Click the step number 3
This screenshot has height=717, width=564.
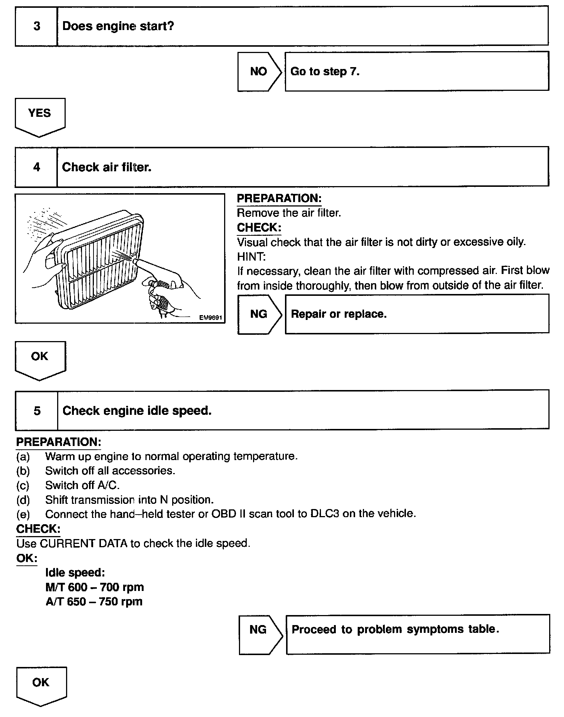[37, 26]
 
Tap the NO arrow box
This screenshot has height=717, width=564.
[259, 71]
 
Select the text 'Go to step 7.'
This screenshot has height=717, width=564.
[325, 71]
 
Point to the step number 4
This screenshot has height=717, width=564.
[36, 167]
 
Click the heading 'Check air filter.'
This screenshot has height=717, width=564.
[107, 167]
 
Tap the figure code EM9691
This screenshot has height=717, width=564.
[210, 318]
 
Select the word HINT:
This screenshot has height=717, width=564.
[251, 257]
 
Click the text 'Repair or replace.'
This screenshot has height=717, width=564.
[338, 314]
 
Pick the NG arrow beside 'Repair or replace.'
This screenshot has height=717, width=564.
[259, 314]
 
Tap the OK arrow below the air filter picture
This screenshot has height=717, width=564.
[40, 359]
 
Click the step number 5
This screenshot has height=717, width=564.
[37, 411]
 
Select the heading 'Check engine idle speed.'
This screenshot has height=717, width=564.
[137, 411]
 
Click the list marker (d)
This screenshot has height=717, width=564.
[23, 500]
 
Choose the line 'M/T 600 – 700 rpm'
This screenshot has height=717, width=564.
[95, 587]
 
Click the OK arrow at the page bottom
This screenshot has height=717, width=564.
[41, 685]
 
